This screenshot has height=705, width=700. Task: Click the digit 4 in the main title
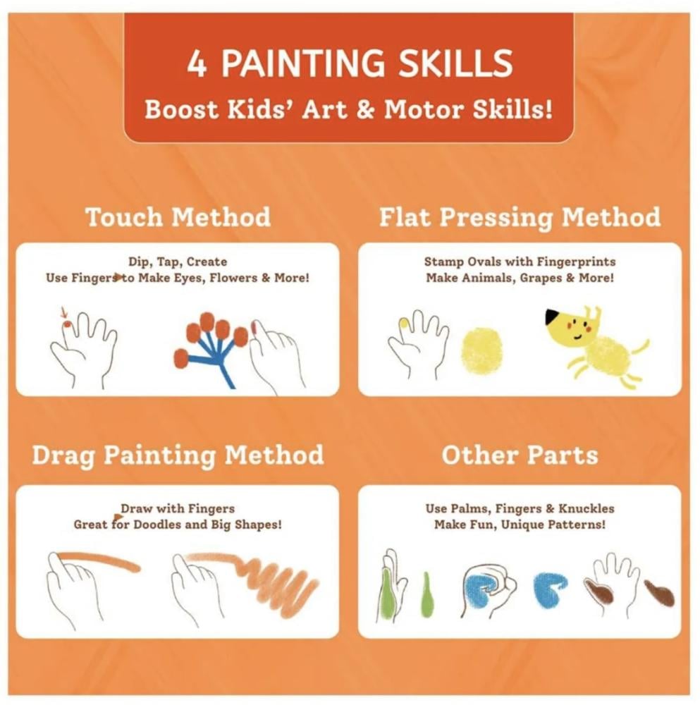tap(197, 63)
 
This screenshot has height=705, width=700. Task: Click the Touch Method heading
tap(178, 216)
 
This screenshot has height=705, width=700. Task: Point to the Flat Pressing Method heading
tap(520, 218)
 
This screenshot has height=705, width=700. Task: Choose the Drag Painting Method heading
tap(178, 455)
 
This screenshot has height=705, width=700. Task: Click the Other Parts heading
tap(520, 455)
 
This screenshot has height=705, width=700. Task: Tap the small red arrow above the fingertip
tap(63, 312)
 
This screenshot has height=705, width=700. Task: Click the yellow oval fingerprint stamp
tap(482, 351)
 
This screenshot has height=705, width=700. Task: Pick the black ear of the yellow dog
tap(553, 317)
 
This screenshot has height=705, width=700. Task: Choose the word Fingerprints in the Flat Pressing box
tap(575, 262)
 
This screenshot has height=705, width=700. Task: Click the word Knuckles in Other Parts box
tap(587, 508)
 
